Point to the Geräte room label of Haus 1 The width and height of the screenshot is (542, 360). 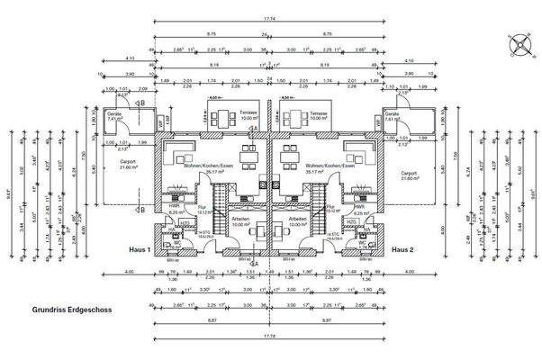coord(115,116)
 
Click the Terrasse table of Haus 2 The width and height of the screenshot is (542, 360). coord(293,116)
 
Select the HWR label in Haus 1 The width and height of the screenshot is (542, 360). coord(173,204)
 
